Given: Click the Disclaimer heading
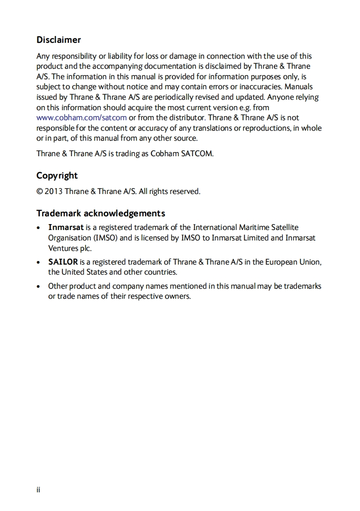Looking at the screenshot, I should pyautogui.click(x=59, y=40).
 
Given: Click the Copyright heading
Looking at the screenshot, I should pyautogui.click(x=57, y=176).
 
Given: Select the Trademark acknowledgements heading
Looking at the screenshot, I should pyautogui.click(x=101, y=213).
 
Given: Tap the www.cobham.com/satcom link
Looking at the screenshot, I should pyautogui.click(x=81, y=118).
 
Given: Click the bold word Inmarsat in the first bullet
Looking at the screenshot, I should pyautogui.click(x=66, y=227).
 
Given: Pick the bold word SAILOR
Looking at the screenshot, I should pyautogui.click(x=63, y=262).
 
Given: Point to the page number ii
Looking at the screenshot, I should pyautogui.click(x=39, y=490).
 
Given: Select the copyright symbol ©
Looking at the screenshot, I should pyautogui.click(x=40, y=191).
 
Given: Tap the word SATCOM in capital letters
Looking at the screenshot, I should pyautogui.click(x=197, y=153).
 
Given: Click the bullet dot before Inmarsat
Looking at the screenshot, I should pyautogui.click(x=40, y=227).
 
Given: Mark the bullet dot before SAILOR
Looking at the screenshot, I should pyautogui.click(x=40, y=262).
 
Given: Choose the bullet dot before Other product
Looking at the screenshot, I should pyautogui.click(x=40, y=286).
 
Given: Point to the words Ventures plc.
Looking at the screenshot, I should pyautogui.click(x=70, y=248).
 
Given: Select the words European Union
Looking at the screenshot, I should pyautogui.click(x=299, y=262).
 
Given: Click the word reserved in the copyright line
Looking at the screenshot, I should pyautogui.click(x=185, y=191).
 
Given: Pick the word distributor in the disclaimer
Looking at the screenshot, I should pyautogui.click(x=187, y=118).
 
